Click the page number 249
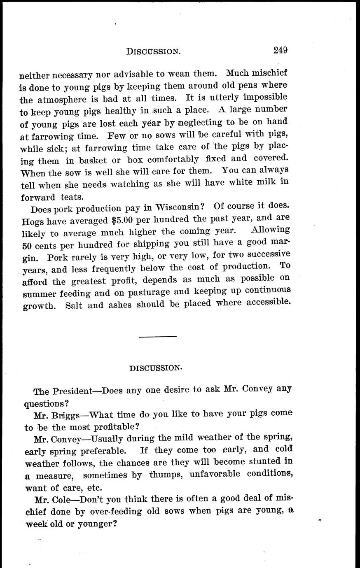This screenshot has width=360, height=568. click(280, 50)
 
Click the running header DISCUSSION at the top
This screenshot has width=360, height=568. click(153, 51)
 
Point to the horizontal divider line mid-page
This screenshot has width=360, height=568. click(157, 337)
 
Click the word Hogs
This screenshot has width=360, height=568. click(32, 221)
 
